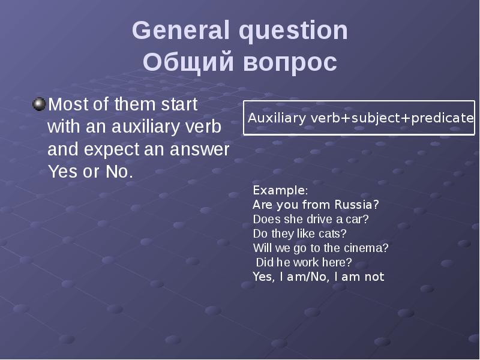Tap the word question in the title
pyautogui.click(x=290, y=31)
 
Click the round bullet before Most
pyautogui.click(x=39, y=105)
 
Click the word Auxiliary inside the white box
pyautogui.click(x=277, y=118)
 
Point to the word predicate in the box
pyautogui.click(x=445, y=118)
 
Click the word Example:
pyautogui.click(x=280, y=190)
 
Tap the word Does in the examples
pyautogui.click(x=265, y=219)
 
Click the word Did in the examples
pyautogui.click(x=264, y=262)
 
